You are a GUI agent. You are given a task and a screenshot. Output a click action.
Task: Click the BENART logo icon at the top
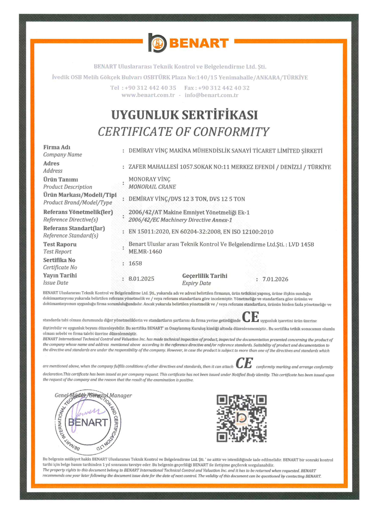point(157,43)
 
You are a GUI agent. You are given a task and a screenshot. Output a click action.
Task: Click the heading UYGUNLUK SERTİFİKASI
point(184,115)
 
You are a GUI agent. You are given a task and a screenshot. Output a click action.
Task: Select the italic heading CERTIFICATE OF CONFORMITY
point(184,132)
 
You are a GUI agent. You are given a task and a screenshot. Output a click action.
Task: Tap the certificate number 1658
point(135,263)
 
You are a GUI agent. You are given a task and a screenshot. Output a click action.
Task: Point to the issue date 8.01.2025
point(141,279)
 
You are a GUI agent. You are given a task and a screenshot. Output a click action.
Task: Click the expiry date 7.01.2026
point(275,279)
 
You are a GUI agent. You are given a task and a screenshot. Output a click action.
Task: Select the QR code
point(242,418)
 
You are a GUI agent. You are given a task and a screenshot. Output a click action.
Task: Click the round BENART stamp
point(88,422)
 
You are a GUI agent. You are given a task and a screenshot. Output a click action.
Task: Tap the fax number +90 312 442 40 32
point(224,88)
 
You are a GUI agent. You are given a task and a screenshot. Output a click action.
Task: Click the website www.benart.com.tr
point(148,95)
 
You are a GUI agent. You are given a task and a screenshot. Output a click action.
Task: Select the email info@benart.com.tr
point(211,95)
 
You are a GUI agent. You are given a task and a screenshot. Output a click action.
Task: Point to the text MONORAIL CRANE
point(152,187)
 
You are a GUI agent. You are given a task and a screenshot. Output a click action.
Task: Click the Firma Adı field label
point(57,147)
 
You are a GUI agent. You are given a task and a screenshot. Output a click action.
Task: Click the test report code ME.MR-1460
point(145,251)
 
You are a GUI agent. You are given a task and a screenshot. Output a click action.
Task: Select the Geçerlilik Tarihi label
point(205,276)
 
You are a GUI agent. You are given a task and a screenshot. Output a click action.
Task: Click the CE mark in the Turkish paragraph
point(250,317)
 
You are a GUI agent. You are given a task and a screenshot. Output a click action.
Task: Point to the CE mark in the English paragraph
point(244,363)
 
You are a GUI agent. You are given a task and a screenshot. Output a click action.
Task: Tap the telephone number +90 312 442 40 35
point(150,88)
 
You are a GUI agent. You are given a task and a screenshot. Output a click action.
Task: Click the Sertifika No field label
point(59,260)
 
